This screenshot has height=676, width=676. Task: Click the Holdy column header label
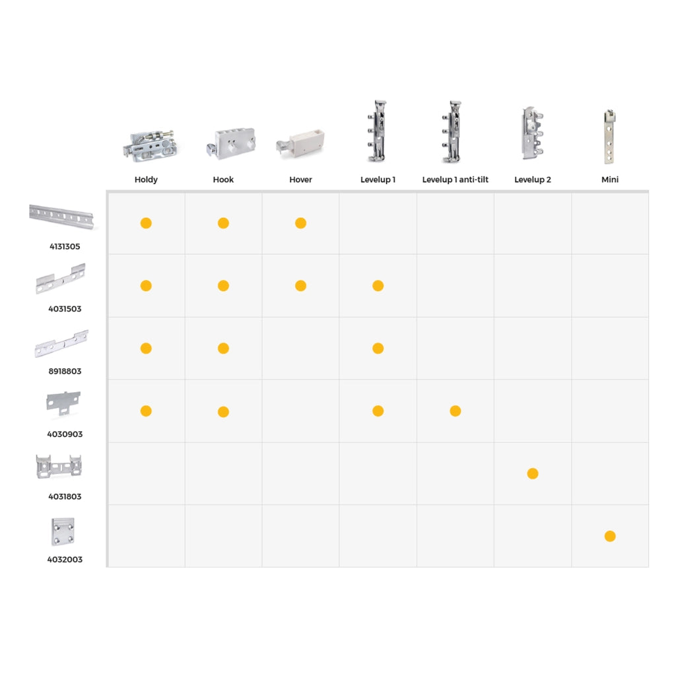tap(146, 180)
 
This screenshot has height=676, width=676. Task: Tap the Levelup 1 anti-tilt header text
tap(456, 180)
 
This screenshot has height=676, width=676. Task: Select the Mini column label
tap(609, 180)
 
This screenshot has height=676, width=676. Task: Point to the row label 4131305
tap(65, 247)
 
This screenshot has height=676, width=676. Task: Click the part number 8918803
tap(65, 371)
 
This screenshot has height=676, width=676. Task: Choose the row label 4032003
tap(65, 560)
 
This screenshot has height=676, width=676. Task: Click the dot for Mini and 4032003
tap(610, 536)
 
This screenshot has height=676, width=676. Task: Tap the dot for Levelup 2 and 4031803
tap(533, 474)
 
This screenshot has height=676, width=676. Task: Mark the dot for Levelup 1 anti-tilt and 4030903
tap(456, 411)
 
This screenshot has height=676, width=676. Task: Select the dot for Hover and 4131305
tap(300, 223)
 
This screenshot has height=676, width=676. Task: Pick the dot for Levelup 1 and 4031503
tap(378, 286)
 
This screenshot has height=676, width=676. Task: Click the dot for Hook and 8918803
tap(223, 349)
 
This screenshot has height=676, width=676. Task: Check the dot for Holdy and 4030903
tap(146, 411)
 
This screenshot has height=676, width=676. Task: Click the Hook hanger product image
tap(231, 144)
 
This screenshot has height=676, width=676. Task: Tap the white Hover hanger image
tap(300, 143)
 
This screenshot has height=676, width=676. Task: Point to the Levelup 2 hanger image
tap(533, 133)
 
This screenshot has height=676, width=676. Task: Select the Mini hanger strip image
tap(609, 137)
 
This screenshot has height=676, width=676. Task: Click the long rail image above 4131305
tap(61, 216)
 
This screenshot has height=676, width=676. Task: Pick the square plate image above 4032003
tap(63, 531)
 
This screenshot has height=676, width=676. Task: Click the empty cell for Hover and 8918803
tap(300, 349)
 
